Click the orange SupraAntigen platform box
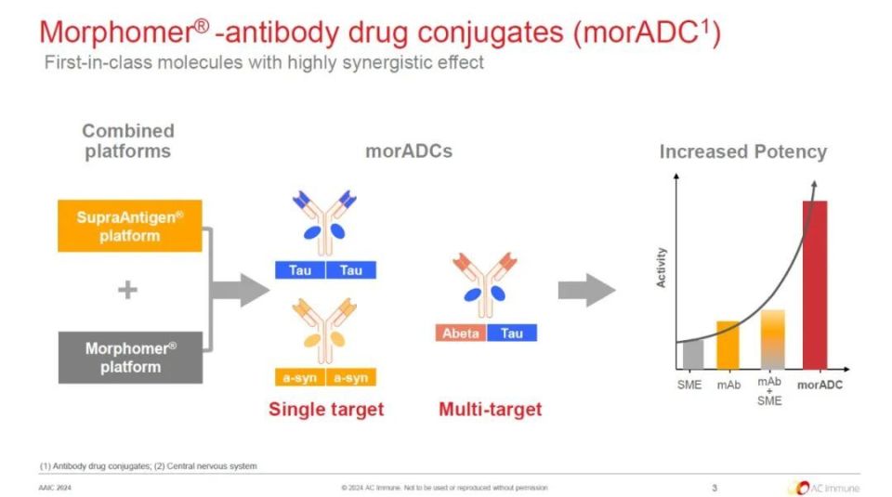point(130,226)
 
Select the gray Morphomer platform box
point(130,358)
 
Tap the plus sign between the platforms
point(127,290)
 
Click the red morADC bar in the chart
point(815,285)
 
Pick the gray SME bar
point(693,354)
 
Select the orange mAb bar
point(728,346)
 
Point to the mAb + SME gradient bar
point(773,339)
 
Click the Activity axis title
point(661,268)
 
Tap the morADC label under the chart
point(820,385)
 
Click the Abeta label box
point(461,333)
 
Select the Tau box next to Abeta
point(512,333)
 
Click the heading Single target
point(326,410)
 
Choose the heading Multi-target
point(491,410)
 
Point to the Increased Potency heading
point(743,151)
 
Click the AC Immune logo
point(824,488)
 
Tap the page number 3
point(715,488)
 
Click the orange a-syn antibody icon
point(325,331)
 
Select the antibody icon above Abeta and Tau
point(485,285)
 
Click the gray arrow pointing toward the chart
point(586,290)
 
